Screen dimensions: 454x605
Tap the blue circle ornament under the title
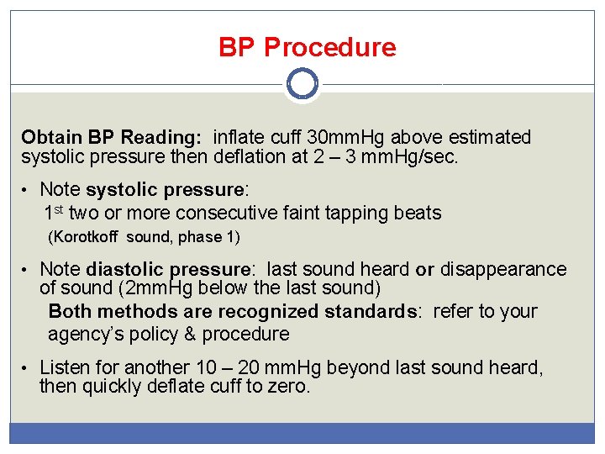tap(302, 84)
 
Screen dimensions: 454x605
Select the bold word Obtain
tap(52, 137)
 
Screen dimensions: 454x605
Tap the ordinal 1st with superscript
tap(55, 213)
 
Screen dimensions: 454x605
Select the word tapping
tap(355, 213)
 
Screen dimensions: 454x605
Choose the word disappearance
tap(502, 269)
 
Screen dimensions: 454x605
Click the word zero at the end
tap(291, 387)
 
